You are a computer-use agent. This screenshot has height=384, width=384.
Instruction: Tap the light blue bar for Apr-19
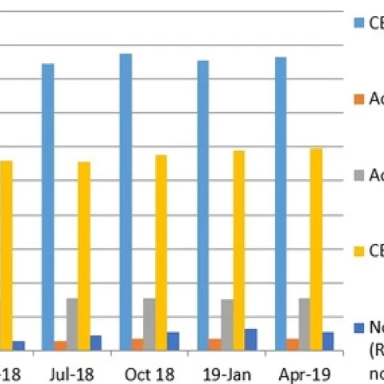pyautogui.click(x=281, y=203)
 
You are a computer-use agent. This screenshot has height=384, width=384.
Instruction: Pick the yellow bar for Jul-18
pyautogui.click(x=84, y=255)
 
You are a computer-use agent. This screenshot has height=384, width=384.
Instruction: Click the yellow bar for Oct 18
pyautogui.click(x=161, y=252)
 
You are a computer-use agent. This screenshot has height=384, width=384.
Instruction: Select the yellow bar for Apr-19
pyautogui.click(x=316, y=249)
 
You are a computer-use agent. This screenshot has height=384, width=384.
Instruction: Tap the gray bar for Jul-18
pyautogui.click(x=72, y=323)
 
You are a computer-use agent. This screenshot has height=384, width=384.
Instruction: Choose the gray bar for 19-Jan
pyautogui.click(x=227, y=324)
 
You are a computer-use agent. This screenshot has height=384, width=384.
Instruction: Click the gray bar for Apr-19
pyautogui.click(x=304, y=323)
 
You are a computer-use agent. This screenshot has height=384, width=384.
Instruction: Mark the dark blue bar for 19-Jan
pyautogui.click(x=250, y=339)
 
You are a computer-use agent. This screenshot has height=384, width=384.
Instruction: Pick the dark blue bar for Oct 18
pyautogui.click(x=173, y=341)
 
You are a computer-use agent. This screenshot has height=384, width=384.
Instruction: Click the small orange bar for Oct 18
pyautogui.click(x=138, y=344)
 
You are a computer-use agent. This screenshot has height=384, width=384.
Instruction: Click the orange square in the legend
pyautogui.click(x=359, y=98)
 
